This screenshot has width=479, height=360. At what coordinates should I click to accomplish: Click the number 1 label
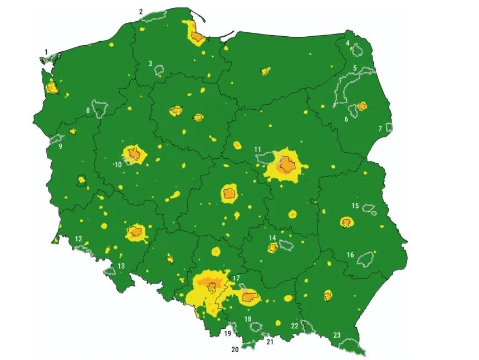(x=46, y=52)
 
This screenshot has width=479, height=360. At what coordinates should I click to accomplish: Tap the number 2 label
(x=141, y=11)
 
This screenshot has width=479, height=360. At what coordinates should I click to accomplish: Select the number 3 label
(x=150, y=64)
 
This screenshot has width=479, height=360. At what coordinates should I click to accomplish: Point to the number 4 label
(x=348, y=43)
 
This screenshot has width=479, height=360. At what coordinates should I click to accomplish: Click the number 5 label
(x=355, y=68)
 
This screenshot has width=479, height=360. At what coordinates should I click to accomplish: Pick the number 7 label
(x=380, y=129)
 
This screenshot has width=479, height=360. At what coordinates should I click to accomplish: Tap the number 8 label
(x=88, y=111)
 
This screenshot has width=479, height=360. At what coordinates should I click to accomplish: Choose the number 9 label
(x=60, y=147)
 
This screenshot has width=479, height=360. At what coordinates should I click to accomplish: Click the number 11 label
(x=257, y=149)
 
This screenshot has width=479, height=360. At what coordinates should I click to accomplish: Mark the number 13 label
(x=121, y=266)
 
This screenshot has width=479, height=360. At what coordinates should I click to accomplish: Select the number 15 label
(x=355, y=206)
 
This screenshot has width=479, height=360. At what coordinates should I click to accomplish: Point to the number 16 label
(x=350, y=255)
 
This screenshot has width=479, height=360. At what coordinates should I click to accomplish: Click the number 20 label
(x=235, y=350)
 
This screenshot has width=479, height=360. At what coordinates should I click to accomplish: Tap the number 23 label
(x=337, y=335)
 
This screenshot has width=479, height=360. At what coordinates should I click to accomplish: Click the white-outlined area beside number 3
(x=159, y=70)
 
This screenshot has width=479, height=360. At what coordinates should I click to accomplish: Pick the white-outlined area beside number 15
(x=369, y=209)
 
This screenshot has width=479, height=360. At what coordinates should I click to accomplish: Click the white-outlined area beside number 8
(x=100, y=109)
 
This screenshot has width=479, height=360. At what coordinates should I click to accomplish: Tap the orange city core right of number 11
(x=288, y=165)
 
